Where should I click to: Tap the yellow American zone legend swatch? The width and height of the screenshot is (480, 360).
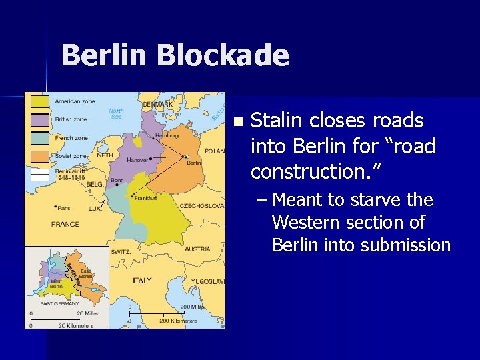(41, 101)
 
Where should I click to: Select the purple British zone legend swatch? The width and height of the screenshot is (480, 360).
(41, 119)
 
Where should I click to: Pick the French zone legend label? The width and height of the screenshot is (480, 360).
(71, 138)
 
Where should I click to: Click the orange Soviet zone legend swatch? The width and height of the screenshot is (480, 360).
(41, 156)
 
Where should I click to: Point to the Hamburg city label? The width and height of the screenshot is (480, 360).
(167, 135)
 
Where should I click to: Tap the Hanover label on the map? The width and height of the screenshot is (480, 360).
(137, 160)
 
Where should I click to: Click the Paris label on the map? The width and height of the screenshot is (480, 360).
(65, 207)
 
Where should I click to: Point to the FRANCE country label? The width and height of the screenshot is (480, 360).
(65, 225)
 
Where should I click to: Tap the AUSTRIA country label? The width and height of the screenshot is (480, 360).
(197, 249)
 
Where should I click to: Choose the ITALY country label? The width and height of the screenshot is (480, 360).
(141, 281)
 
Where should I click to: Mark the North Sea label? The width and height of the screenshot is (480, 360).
(116, 113)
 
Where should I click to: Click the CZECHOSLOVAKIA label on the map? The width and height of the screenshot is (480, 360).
(203, 206)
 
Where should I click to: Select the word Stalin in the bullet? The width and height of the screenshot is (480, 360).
(277, 121)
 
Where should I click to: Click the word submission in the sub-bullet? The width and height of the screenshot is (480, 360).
(406, 245)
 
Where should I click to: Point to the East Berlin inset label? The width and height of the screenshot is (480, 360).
(86, 274)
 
